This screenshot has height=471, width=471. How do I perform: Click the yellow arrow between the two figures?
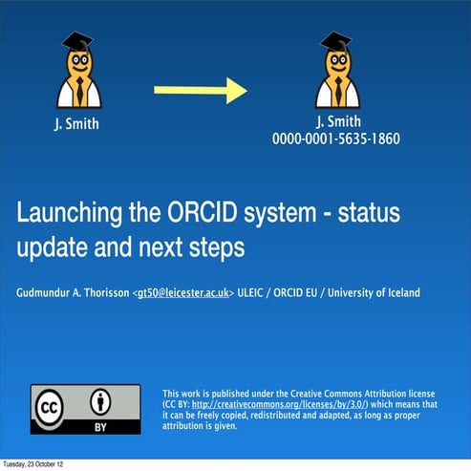201,91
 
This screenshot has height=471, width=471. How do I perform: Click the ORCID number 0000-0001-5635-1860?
335,139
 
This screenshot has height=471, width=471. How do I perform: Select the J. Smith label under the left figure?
76,123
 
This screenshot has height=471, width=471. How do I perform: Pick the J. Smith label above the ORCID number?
336,121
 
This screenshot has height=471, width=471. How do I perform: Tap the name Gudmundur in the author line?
49,292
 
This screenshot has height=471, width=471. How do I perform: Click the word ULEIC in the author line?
257,292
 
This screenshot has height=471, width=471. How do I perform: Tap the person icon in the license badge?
100,401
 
